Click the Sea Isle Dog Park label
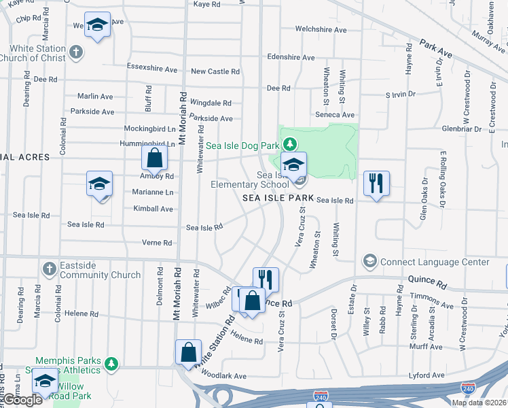click(242, 146)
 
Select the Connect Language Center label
click(435, 262)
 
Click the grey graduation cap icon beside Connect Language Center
click(370, 261)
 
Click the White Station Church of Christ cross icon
click(77, 52)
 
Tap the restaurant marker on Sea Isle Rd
click(376, 184)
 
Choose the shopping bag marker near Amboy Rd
click(155, 159)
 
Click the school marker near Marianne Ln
click(99, 184)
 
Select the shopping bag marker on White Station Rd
click(189, 352)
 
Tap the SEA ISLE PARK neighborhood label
click(278, 198)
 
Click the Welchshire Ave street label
click(321, 30)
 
